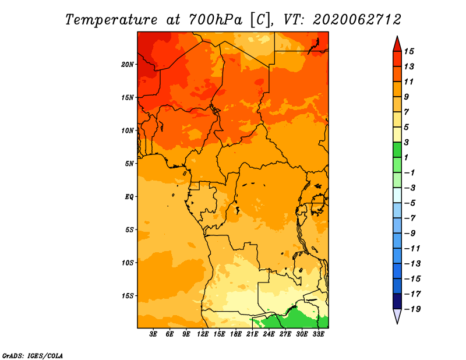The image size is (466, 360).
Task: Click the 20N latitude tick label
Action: tap(127, 65)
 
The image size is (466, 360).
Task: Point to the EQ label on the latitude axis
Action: tap(129, 197)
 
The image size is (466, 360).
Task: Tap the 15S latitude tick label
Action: tap(127, 296)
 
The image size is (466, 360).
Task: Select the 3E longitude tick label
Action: tap(153, 334)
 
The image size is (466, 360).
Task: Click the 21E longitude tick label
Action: tap(252, 334)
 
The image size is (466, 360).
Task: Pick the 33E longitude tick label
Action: tap(318, 334)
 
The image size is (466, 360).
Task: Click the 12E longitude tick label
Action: tap(203, 334)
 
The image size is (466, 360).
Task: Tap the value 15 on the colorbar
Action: tap(409, 51)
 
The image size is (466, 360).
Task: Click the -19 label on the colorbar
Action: tap(412, 309)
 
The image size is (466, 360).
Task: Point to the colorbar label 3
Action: tap(406, 142)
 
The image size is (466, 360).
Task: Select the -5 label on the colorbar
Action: tap(410, 203)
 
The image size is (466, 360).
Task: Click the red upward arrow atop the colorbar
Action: tap(397, 44)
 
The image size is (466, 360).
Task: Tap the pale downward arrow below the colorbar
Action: tap(397, 316)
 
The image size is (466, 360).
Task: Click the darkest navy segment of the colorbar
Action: tap(397, 301)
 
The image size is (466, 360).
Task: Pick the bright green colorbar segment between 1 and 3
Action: tap(397, 150)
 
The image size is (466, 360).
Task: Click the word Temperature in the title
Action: tap(111, 20)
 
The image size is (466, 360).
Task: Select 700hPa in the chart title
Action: tap(216, 20)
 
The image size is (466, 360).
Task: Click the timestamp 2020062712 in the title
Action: tap(357, 20)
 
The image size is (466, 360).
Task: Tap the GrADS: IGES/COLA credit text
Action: tap(33, 356)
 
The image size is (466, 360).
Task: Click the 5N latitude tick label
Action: tap(129, 164)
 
